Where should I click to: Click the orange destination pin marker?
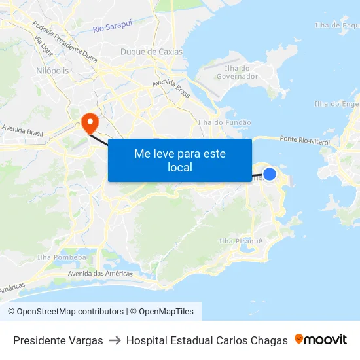tap(90, 122)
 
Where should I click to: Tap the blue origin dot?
tap(269, 173)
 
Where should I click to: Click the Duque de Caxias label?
tap(152, 52)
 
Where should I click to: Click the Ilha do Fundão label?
tap(224, 122)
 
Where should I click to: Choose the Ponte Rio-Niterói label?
tap(304, 140)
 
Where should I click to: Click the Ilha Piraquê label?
tap(240, 241)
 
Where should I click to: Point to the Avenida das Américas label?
tap(96, 273)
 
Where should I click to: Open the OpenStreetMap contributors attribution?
tap(70, 312)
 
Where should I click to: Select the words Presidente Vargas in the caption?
tap(58, 340)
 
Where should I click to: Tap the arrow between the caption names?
tap(115, 340)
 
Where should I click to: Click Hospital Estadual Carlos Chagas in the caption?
tap(207, 340)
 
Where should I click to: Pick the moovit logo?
tap(321, 339)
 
